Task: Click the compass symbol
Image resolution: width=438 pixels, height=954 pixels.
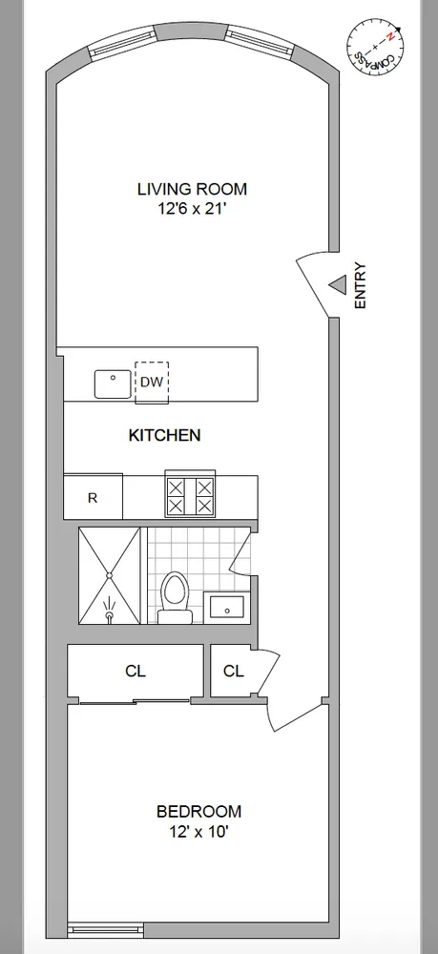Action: tap(375, 47)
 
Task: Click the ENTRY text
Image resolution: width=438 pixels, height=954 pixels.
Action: tap(360, 285)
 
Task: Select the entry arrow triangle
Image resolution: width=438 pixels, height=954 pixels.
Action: tap(336, 285)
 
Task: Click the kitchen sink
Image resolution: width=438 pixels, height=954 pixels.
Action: tap(114, 384)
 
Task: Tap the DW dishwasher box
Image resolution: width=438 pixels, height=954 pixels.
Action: tap(151, 382)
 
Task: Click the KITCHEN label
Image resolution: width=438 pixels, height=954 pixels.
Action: tap(164, 435)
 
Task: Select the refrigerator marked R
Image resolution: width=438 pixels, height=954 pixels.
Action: tap(93, 497)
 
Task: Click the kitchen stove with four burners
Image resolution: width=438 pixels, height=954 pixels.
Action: tap(191, 496)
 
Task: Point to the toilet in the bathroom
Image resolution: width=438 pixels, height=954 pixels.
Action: tap(175, 595)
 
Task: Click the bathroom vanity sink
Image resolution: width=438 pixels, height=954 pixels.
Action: tap(226, 606)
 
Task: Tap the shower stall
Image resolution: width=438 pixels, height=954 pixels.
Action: tap(110, 576)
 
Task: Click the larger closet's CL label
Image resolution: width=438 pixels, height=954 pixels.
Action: tap(136, 671)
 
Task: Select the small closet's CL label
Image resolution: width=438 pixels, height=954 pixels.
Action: tap(234, 671)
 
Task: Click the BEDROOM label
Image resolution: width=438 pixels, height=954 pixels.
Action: tap(198, 812)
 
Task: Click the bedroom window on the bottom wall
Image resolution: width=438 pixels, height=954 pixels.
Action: tap(106, 926)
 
